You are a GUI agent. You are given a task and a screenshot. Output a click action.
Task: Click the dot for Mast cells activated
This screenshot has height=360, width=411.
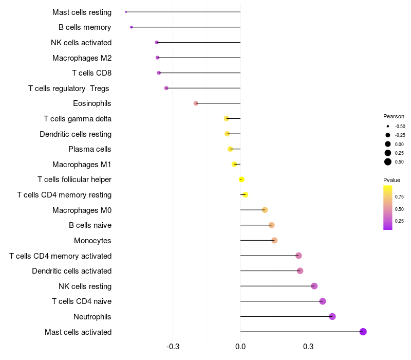(363, 332)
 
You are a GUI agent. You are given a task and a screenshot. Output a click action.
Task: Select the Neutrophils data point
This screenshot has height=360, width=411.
(332, 316)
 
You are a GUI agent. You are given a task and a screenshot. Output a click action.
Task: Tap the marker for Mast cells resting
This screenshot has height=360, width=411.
(126, 12)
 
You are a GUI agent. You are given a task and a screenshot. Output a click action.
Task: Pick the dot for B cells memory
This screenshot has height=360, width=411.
(132, 27)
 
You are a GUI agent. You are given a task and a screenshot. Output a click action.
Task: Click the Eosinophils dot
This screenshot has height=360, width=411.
(196, 103)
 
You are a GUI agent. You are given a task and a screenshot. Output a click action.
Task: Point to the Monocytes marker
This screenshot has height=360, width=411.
(274, 241)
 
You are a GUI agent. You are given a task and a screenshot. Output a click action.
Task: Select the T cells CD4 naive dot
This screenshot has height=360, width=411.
(323, 301)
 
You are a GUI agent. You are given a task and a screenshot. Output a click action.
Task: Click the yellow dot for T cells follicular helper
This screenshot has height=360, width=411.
(241, 179)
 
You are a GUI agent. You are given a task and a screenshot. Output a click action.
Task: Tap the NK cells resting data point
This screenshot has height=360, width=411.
(314, 286)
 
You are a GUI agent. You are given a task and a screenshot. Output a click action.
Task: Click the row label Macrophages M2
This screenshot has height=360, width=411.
(82, 58)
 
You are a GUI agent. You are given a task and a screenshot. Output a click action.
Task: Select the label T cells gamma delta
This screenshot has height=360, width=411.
(78, 119)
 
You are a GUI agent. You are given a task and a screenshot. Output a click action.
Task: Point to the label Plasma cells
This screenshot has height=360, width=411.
(90, 149)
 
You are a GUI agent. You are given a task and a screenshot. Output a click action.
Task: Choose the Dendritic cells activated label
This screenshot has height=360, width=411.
(72, 271)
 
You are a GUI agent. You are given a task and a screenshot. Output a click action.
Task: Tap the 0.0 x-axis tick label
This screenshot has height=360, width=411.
(240, 347)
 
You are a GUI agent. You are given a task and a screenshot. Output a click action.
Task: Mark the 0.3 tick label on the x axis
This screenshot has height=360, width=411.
(308, 347)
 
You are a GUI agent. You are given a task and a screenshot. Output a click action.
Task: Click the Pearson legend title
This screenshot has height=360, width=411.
(394, 116)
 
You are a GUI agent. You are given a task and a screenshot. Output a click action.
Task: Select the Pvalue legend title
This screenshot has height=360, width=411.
(391, 180)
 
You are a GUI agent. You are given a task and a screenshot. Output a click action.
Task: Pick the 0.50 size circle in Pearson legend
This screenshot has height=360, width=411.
(388, 162)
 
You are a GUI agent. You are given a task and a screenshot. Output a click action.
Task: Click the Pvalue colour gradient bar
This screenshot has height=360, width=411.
(388, 207)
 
